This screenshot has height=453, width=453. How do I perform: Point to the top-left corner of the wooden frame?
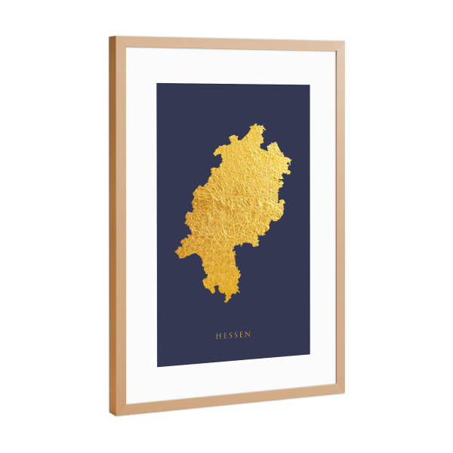coord(109,37)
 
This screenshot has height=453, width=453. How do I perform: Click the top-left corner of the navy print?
coord(157,83)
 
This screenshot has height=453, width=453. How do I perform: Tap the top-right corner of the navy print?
coord(310,85)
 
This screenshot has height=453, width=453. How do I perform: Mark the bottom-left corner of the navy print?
coord(157,367)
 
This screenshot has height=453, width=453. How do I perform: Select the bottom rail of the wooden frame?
coord(226,402)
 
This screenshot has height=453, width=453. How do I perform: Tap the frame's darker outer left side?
coord(112,226)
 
